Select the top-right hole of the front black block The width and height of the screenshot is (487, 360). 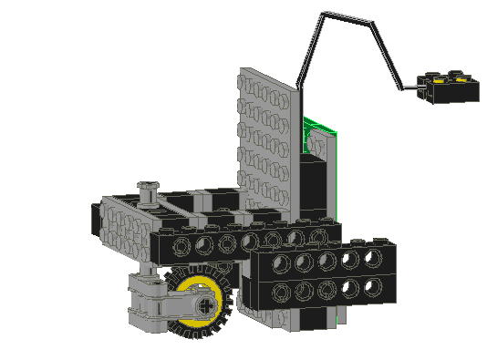click(372, 258)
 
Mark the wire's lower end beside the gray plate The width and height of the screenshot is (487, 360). click(298, 87)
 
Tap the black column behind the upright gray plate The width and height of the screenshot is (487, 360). click(315, 191)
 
